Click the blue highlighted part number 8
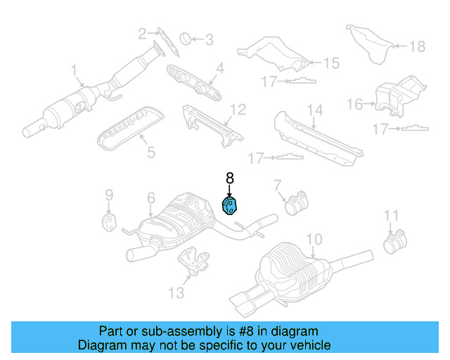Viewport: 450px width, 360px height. [230, 205]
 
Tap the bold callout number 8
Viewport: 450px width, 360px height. [229, 179]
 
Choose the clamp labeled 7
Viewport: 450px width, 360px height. [295, 204]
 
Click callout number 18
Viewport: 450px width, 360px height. [418, 46]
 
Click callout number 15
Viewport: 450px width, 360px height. [330, 63]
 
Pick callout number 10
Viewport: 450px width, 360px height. [314, 240]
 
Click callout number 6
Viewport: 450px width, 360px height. [150, 199]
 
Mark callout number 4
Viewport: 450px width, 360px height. [219, 69]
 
